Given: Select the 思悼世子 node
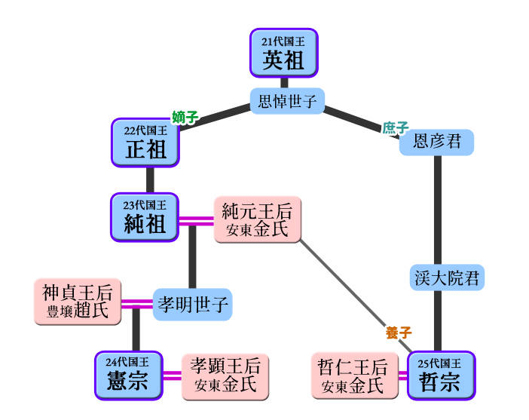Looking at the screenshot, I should point(287,101).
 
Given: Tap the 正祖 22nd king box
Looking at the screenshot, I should point(145,143).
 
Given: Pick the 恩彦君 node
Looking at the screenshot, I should point(436,142).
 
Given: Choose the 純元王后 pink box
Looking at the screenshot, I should point(256,220).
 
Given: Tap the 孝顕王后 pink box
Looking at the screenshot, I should point(225,375).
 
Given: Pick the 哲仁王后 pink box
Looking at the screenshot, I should point(353,376).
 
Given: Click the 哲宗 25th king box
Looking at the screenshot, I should point(440,375).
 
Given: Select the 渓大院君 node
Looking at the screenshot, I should point(447,277).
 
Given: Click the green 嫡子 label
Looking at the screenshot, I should point(185,117).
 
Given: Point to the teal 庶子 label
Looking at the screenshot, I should point(395,127).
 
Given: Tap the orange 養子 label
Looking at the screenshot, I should point(398,333).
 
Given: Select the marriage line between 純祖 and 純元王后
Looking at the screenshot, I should point(196,221).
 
